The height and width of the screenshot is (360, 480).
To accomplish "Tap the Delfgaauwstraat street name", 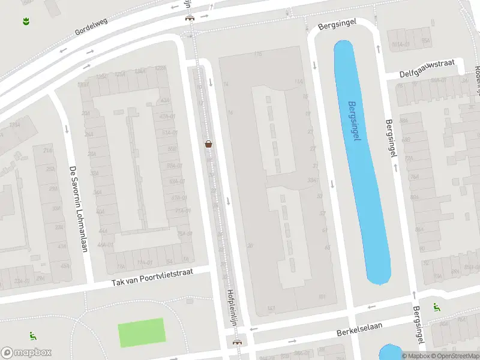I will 429,67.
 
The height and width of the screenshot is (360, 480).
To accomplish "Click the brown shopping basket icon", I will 208,144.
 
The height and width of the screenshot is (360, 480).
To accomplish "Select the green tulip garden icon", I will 26,22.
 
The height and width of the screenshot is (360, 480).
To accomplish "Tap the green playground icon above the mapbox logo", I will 32,336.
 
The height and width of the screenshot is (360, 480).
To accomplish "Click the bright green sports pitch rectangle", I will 141,332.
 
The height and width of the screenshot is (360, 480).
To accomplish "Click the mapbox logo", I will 26,353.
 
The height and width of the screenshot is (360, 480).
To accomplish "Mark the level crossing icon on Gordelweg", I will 190,17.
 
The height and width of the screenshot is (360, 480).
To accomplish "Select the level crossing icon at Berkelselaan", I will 237,343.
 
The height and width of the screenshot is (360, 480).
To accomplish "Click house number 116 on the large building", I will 258,55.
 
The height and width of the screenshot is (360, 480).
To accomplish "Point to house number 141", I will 271,308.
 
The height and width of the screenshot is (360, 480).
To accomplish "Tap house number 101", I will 322,296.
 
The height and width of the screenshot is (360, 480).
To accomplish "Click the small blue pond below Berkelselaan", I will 390,352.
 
